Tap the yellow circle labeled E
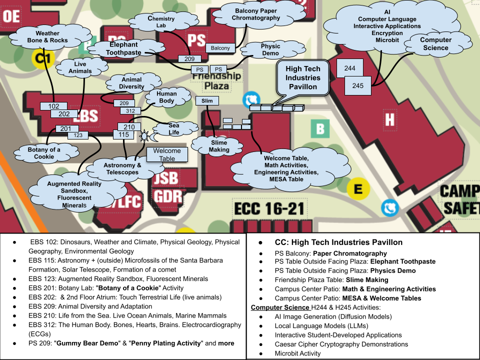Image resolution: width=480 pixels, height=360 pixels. (x=358, y=189)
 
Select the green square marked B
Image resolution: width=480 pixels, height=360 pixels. (x=320, y=128)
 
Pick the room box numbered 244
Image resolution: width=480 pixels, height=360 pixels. (x=350, y=68)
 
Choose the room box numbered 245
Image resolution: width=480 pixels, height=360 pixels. (x=358, y=85)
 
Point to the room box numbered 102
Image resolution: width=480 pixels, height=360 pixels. (x=53, y=106)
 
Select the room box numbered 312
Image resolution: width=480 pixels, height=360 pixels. (x=130, y=110)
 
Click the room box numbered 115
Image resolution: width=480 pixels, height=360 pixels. (x=123, y=134)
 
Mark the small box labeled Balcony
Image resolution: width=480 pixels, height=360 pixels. (x=220, y=48)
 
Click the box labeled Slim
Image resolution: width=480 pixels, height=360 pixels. (x=207, y=101)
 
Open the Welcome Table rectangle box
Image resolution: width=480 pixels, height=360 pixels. (x=167, y=154)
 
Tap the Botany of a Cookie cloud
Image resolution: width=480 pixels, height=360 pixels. (x=44, y=153)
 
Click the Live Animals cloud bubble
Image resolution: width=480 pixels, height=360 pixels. (x=80, y=67)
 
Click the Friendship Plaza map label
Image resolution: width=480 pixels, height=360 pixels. (x=217, y=81)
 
